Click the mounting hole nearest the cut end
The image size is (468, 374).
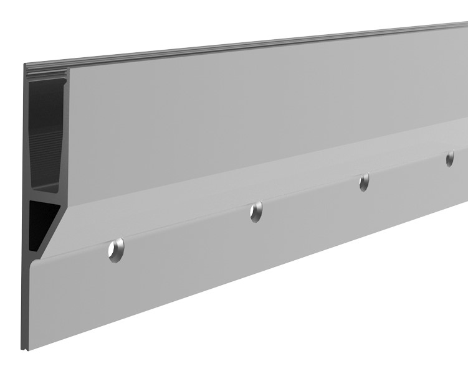click(x=116, y=250)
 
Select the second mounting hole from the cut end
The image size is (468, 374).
click(x=256, y=212)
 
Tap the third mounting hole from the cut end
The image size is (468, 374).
click(x=364, y=182)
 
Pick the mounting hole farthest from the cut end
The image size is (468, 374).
click(x=450, y=159)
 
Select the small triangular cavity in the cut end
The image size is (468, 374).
click(x=41, y=218)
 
